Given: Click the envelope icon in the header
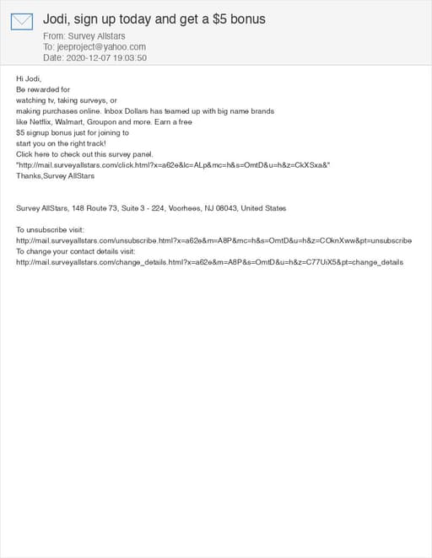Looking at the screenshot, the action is point(22,22).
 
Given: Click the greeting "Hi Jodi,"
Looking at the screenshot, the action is point(29,78).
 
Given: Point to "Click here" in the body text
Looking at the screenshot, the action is point(34,154).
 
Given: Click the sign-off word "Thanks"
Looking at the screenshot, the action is point(29,176).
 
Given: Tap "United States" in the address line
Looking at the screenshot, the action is point(263,208).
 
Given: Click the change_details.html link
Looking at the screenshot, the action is point(209,262).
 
